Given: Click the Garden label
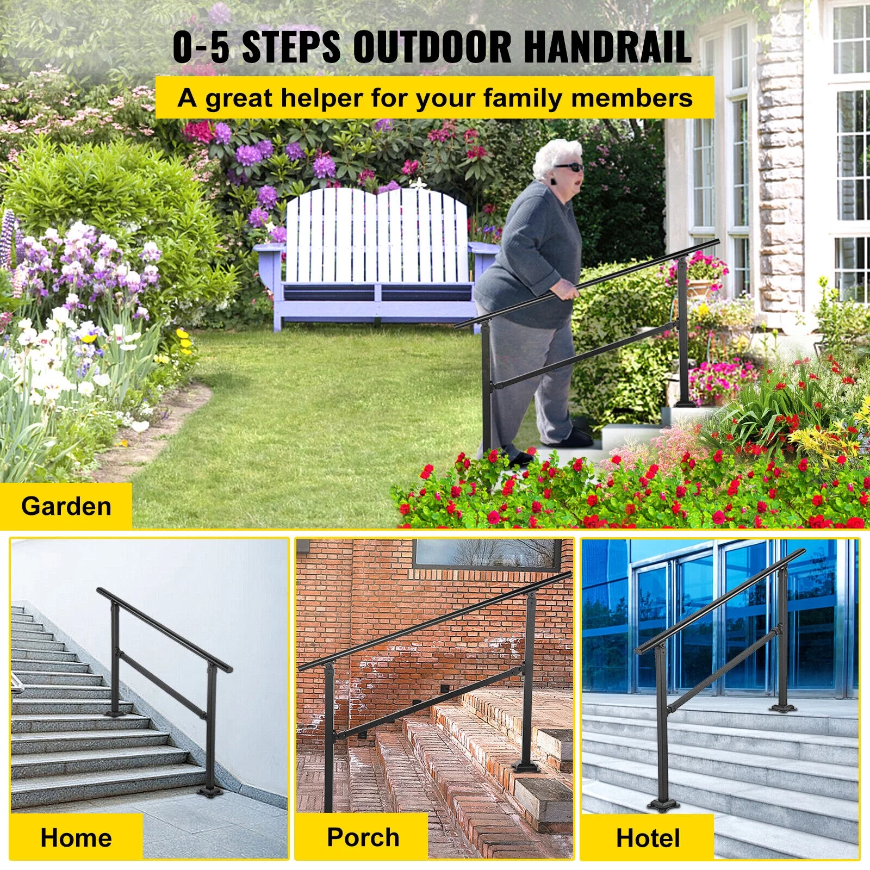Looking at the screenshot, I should click(66, 506).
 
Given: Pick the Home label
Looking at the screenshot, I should click(76, 837).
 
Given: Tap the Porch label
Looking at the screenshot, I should click(363, 837).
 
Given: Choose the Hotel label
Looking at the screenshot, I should click(648, 838).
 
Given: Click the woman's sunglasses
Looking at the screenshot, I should click(569, 167).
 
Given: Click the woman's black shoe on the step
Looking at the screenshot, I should click(576, 438).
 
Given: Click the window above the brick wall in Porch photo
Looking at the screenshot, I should click(487, 554).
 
